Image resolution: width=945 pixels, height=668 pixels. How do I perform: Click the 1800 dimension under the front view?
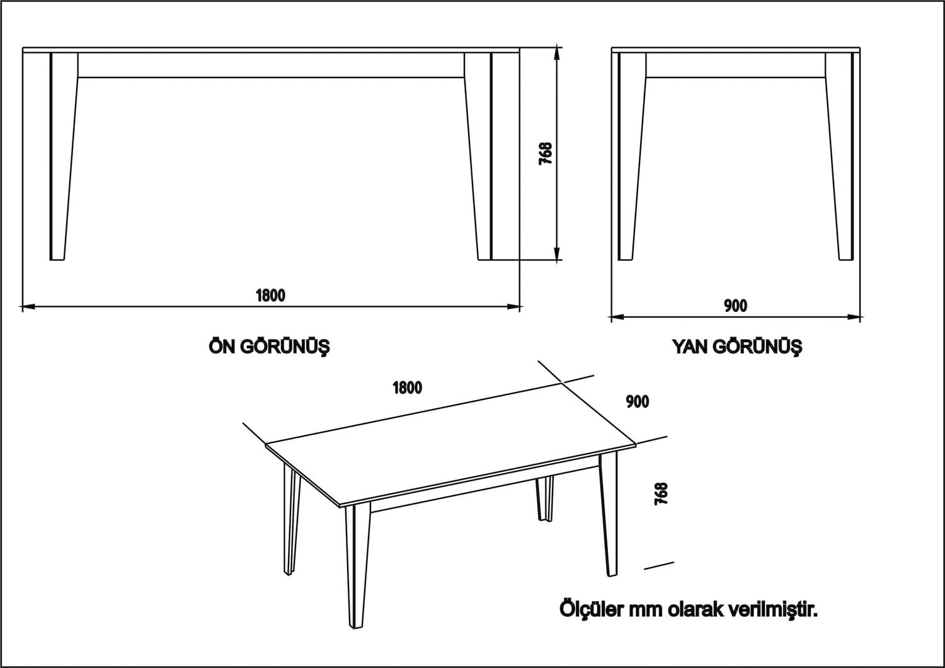270,295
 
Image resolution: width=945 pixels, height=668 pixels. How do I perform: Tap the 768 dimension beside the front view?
546,153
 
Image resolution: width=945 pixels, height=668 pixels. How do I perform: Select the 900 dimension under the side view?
735,306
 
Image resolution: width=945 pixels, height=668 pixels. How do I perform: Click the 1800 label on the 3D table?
407,388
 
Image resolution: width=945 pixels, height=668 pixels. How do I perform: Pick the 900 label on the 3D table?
638,401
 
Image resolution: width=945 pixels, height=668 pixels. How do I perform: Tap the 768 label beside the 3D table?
661,493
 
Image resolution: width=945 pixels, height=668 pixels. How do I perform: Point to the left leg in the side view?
631,158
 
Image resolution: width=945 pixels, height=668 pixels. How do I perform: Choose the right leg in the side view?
840,158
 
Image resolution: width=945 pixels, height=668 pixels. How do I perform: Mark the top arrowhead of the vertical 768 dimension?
556,52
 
